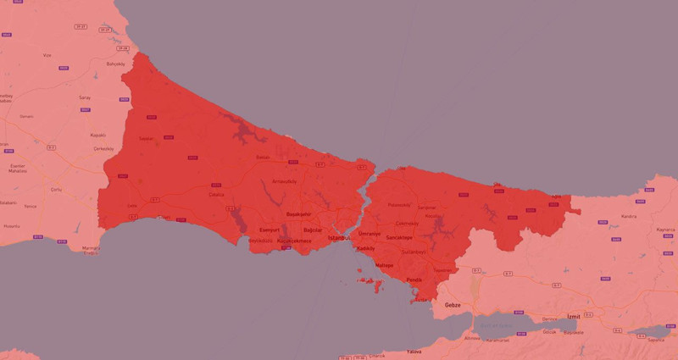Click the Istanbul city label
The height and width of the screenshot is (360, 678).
tap(339, 238)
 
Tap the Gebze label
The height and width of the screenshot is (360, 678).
tap(453, 303)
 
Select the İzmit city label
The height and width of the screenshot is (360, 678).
tap(574, 315)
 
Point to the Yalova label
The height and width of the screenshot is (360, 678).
tap(414, 351)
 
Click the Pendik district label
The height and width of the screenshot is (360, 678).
tap(414, 280)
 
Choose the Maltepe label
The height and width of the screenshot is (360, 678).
tap(385, 265)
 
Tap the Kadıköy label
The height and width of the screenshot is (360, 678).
tap(365, 248)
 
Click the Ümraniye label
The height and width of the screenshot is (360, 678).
tap(370, 233)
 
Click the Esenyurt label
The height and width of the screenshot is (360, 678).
tap(270, 230)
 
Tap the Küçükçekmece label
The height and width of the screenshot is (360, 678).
tap(295, 241)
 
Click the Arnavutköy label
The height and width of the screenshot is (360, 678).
tap(284, 180)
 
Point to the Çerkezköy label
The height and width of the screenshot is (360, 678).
tap(103, 147)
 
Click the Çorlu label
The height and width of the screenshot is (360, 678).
tap(57, 189)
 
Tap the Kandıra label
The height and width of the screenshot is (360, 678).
tap(628, 216)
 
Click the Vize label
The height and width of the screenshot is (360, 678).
tap(47, 55)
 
